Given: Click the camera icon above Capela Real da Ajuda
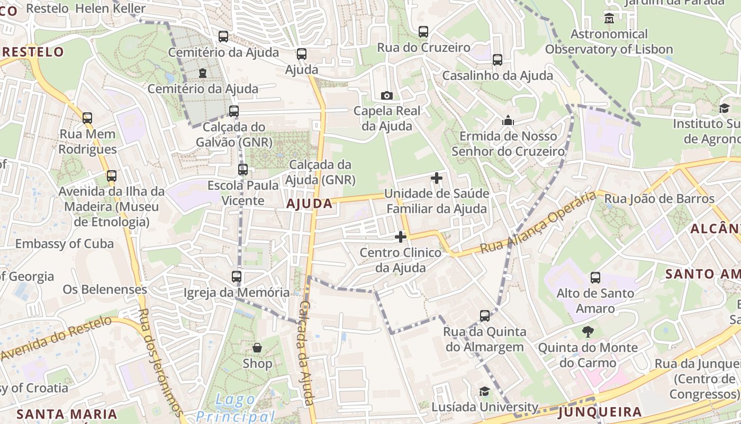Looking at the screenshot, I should point(387,95).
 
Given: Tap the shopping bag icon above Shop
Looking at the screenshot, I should point(257,348).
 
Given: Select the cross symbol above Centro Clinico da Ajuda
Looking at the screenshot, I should point(401,237).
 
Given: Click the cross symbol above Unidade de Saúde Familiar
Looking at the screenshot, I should point(437,178).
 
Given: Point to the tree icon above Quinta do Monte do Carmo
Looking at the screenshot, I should point(588,332).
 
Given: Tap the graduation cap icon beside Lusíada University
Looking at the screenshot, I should point(484,392).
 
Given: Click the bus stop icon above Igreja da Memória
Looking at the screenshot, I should point(237,276).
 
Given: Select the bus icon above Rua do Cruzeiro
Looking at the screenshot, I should point(423,31).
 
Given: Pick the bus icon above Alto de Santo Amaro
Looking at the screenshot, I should point(595,277).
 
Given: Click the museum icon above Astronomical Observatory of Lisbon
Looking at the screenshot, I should point(609,19).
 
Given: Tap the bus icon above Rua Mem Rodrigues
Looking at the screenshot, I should point(87,118).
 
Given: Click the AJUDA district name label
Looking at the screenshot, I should point(310,204).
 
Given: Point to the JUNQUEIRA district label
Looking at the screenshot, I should point(600,412).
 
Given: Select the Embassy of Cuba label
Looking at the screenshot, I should point(65,244).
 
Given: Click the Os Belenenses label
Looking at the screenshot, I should point(105,289).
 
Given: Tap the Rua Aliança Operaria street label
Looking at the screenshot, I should point(538,223).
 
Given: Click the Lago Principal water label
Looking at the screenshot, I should point(236,408).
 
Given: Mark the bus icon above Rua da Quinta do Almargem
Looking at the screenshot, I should point(485,316).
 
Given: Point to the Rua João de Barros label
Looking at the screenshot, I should point(659,199).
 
